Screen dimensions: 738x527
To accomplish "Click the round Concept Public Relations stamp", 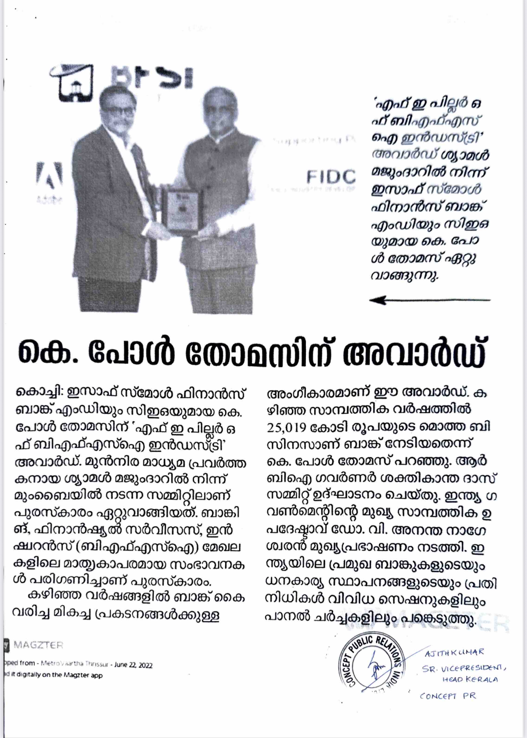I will point(372,666).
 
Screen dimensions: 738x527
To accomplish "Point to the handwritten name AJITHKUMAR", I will point(454,652).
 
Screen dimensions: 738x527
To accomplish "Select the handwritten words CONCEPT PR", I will point(448,696).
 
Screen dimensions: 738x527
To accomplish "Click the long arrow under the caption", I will point(430,300).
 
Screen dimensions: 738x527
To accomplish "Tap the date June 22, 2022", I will point(133,665).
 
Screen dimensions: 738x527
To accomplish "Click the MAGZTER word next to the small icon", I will point(38,645).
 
